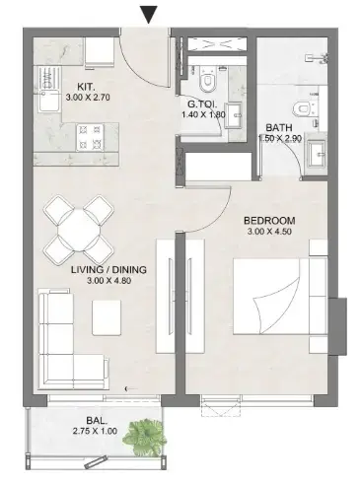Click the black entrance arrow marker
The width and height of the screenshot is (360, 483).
tap(149, 13)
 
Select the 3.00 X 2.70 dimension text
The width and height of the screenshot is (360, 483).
tap(91, 100)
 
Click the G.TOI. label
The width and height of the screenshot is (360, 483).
tap(203, 103)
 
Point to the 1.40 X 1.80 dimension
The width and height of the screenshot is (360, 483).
tap(204, 114)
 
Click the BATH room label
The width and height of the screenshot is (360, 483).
tap(277, 127)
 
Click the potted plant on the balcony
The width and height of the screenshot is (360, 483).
tap(150, 435)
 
